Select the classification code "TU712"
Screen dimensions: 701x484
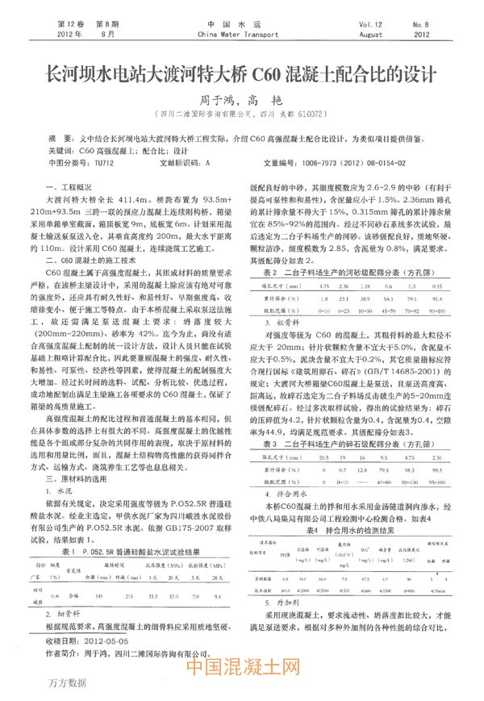[x=104, y=161]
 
